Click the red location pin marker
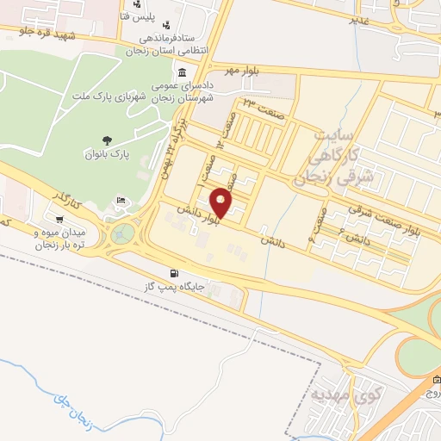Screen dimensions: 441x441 [221, 203]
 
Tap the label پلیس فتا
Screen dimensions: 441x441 [159, 16]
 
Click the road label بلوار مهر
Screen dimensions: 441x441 [242, 68]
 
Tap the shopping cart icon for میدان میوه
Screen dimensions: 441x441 [58, 218]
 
